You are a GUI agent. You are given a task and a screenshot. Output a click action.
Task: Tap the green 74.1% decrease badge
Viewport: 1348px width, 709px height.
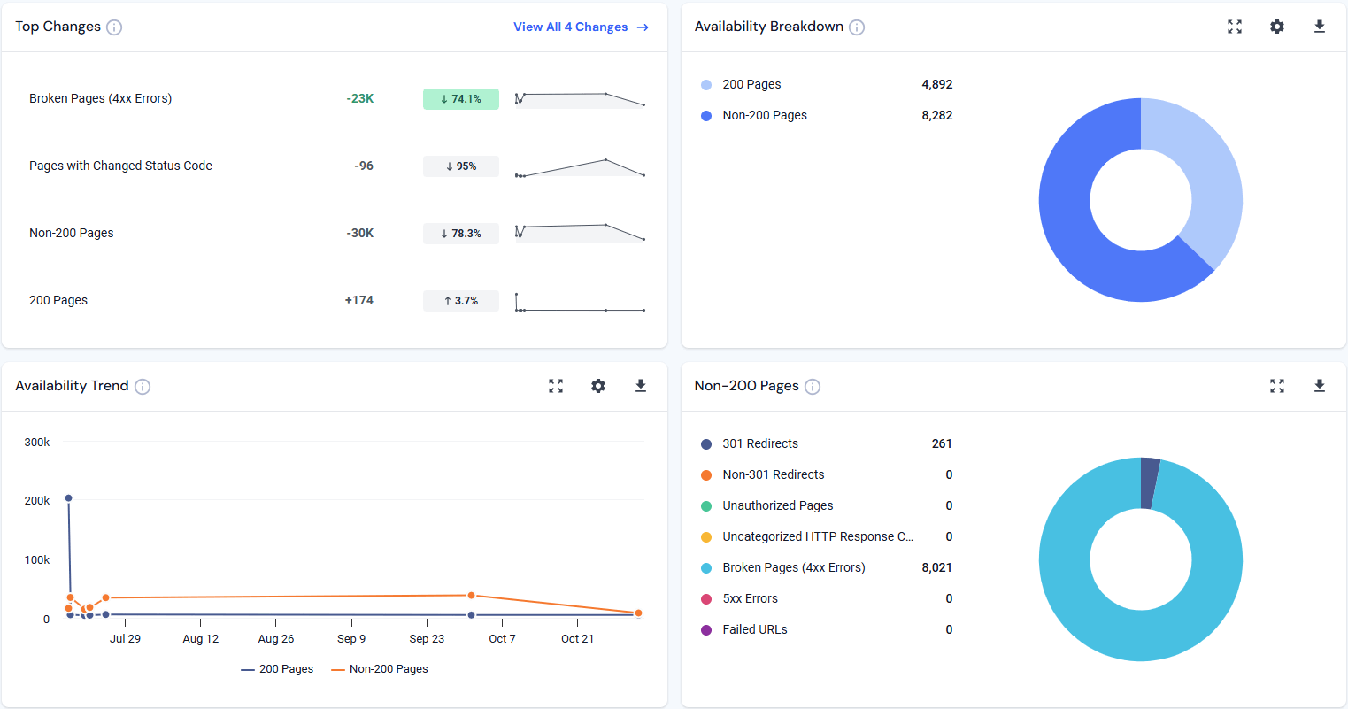coord(460,99)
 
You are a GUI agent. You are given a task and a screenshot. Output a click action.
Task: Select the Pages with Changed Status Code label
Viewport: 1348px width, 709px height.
coord(120,166)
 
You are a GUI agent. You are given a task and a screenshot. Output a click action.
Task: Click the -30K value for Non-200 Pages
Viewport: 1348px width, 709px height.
coord(360,233)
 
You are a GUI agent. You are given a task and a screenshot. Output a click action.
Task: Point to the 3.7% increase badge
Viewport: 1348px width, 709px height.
coord(460,301)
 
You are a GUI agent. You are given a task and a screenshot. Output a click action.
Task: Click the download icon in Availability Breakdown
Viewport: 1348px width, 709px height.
coord(1319,27)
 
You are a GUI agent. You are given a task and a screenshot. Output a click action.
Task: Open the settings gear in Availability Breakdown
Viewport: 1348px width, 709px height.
coord(1276,27)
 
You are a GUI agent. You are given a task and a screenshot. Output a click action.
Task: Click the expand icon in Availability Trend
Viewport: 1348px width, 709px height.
coord(556,386)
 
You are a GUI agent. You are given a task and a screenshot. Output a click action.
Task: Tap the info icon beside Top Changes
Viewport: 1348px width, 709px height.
coord(114,27)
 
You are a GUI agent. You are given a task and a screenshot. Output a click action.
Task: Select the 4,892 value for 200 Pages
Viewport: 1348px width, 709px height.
coord(936,84)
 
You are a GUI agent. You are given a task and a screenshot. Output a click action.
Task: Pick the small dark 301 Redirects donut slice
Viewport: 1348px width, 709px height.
coord(1149,483)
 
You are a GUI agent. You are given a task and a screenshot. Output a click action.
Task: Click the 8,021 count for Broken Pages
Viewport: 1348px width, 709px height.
coord(936,567)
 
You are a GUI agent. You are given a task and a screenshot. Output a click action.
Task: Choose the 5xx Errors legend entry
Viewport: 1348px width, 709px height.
coord(750,598)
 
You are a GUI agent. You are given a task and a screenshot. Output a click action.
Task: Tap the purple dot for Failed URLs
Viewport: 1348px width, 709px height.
coord(706,630)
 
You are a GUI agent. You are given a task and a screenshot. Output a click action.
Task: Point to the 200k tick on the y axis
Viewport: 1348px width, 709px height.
coord(37,500)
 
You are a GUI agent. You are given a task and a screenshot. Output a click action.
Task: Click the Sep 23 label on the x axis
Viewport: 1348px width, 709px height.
coord(427,638)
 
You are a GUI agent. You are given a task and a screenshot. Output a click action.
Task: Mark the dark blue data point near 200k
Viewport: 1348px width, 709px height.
coord(69,498)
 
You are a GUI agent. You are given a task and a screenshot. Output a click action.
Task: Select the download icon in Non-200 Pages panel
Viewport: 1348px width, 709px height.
coord(1319,386)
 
